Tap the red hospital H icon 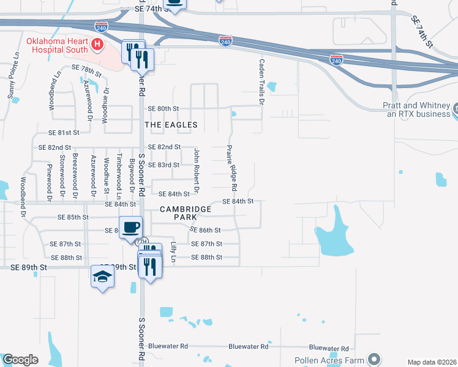click(x=96, y=44)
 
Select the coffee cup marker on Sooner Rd click(x=130, y=228)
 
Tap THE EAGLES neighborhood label click(x=171, y=125)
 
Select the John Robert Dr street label click(x=197, y=170)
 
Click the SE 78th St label click(x=87, y=67)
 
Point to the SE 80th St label click(x=162, y=108)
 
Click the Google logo click(x=20, y=360)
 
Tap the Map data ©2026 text click(x=431, y=362)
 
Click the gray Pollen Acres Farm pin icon click(x=375, y=359)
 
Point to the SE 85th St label click(x=73, y=217)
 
